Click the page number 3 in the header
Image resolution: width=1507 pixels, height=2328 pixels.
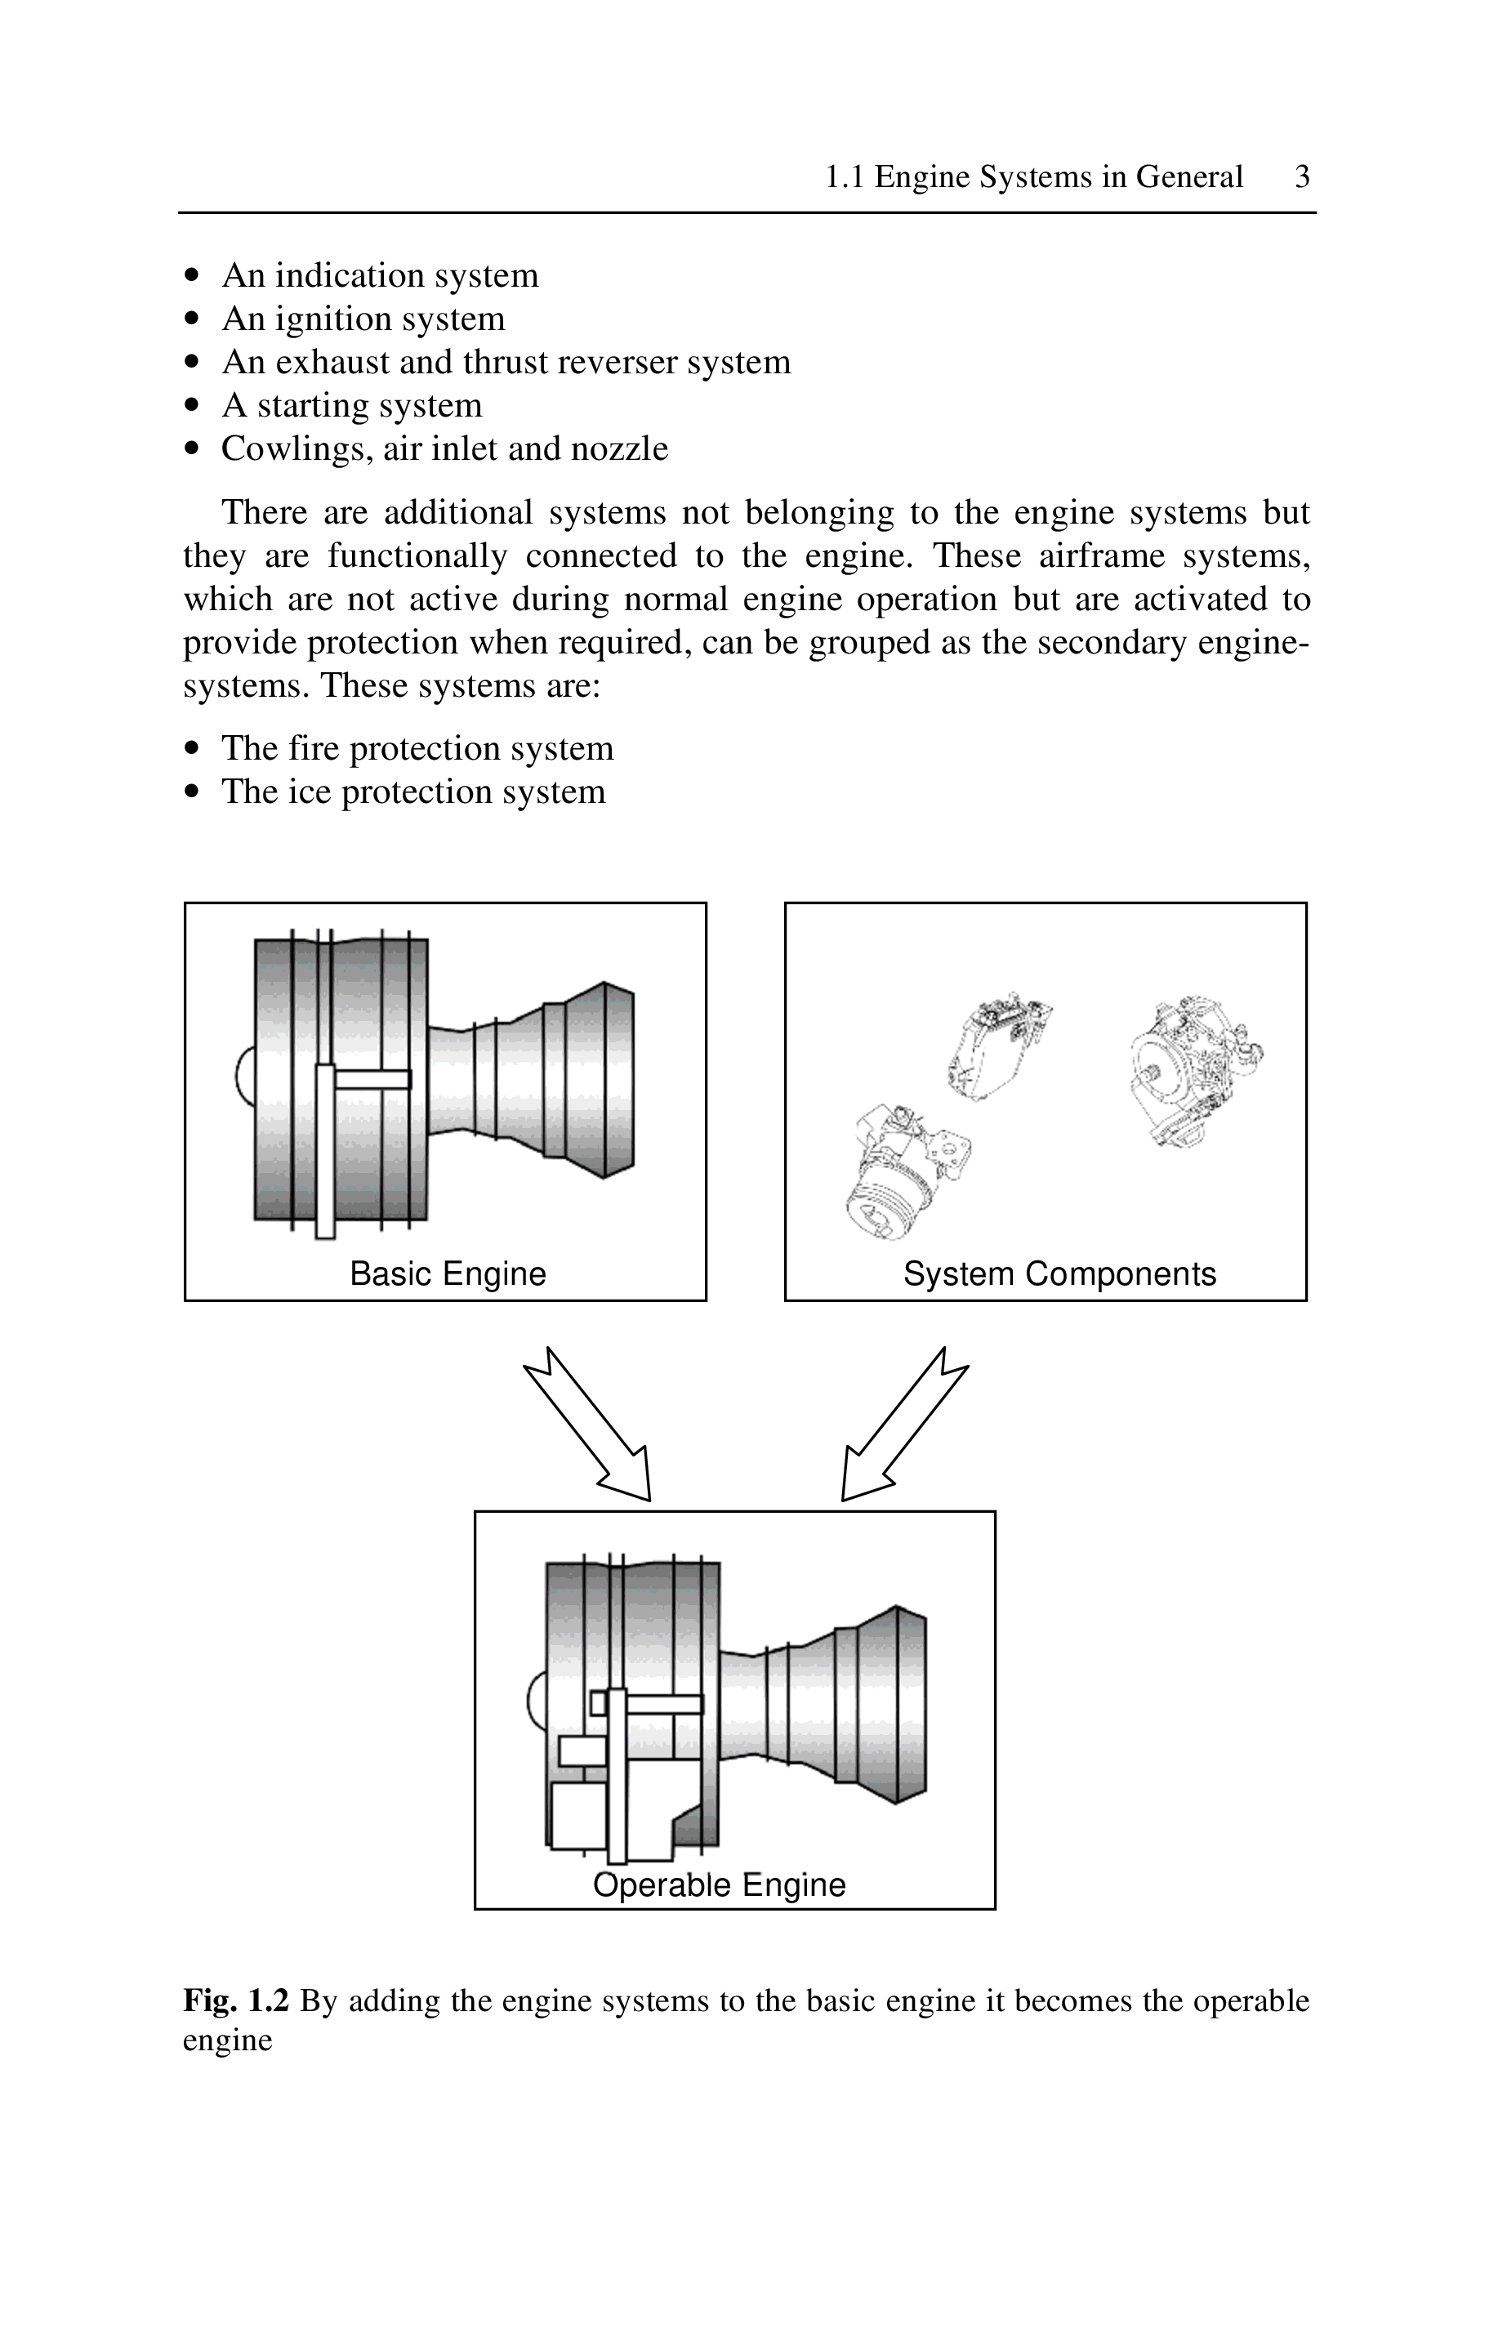(x=1302, y=177)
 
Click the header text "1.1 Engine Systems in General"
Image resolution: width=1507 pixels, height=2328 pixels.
(x=1034, y=177)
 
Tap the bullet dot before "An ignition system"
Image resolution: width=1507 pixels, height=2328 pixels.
(x=192, y=319)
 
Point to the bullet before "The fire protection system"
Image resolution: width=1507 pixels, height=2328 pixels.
(x=192, y=749)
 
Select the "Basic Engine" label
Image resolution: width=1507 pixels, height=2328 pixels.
(x=448, y=1273)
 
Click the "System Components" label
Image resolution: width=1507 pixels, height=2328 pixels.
(x=1060, y=1273)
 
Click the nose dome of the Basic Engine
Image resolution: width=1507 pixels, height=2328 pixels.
(x=244, y=1076)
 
